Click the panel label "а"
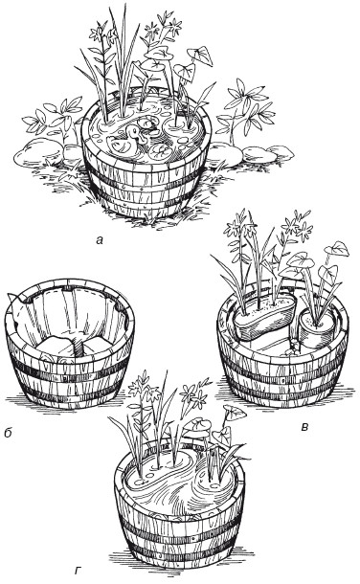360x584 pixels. pos(99,240)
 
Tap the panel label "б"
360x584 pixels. pos(8,433)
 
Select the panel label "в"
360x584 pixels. pos(304,427)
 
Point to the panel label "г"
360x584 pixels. pos(78,571)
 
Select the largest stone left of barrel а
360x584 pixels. pos(37,151)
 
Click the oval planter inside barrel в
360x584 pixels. pos(264,317)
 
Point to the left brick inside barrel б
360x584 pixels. pos(56,345)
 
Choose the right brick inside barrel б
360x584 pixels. pos(98,346)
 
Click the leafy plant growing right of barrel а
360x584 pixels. pos(246,108)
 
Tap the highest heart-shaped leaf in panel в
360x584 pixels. pos(336,249)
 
